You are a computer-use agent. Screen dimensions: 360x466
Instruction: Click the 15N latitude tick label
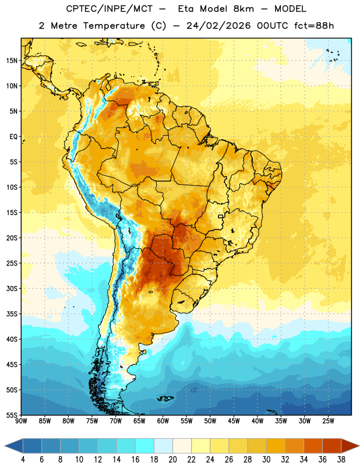pyautogui.click(x=12, y=61)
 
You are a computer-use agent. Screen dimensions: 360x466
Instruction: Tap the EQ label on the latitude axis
pyautogui.click(x=13, y=137)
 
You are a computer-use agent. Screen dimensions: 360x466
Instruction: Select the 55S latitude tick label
pyautogui.click(x=12, y=415)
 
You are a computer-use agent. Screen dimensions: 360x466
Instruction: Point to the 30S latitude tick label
pyautogui.click(x=12, y=288)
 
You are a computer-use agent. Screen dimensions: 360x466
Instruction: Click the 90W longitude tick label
pyautogui.click(x=21, y=421)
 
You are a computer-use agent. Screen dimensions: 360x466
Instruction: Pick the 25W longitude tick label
pyautogui.click(x=328, y=421)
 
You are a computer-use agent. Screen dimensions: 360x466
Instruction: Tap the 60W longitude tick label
pyautogui.click(x=163, y=421)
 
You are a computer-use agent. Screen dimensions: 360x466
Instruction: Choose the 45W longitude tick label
pyautogui.click(x=234, y=421)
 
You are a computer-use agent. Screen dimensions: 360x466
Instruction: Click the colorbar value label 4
pyautogui.click(x=23, y=460)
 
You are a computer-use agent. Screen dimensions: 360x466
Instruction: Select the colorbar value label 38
pyautogui.click(x=341, y=460)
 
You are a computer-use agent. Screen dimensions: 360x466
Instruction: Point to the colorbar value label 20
pyautogui.click(x=173, y=460)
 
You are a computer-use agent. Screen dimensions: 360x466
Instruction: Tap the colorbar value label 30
pyautogui.click(x=267, y=460)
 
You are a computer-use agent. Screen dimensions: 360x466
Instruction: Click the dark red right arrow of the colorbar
pyautogui.click(x=350, y=446)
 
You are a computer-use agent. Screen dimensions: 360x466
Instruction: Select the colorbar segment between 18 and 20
pyautogui.click(x=164, y=446)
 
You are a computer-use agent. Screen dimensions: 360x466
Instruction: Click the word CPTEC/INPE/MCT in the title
pyautogui.click(x=110, y=9)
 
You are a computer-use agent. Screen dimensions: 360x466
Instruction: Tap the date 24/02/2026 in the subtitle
pyautogui.click(x=218, y=26)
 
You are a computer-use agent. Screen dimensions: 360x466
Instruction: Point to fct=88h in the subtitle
pyautogui.click(x=314, y=26)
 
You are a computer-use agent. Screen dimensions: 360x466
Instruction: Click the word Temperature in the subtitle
pyautogui.click(x=114, y=26)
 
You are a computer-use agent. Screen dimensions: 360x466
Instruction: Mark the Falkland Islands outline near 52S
pyautogui.click(x=165, y=398)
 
